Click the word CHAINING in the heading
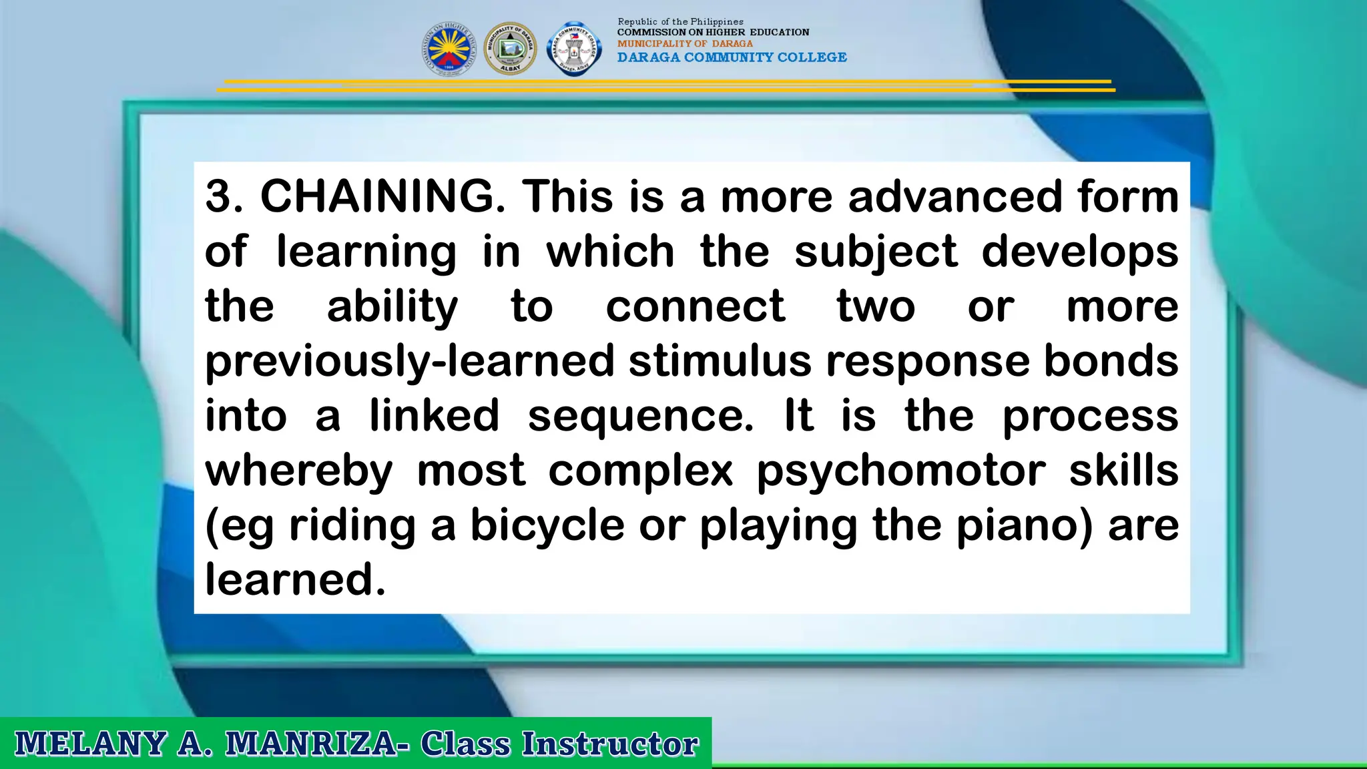click(x=382, y=197)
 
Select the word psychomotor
click(x=901, y=471)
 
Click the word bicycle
click(x=547, y=526)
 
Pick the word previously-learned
click(x=409, y=362)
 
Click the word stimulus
click(x=720, y=362)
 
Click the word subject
click(x=876, y=252)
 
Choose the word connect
click(x=695, y=307)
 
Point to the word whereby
click(x=299, y=471)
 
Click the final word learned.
click(x=295, y=579)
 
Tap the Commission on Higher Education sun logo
click(x=449, y=48)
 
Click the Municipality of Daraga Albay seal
click(x=510, y=48)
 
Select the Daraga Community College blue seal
click(x=573, y=48)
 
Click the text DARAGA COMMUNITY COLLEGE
click(x=732, y=57)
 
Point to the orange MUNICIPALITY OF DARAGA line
click(x=685, y=43)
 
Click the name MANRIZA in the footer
click(x=312, y=744)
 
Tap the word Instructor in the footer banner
click(x=609, y=744)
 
